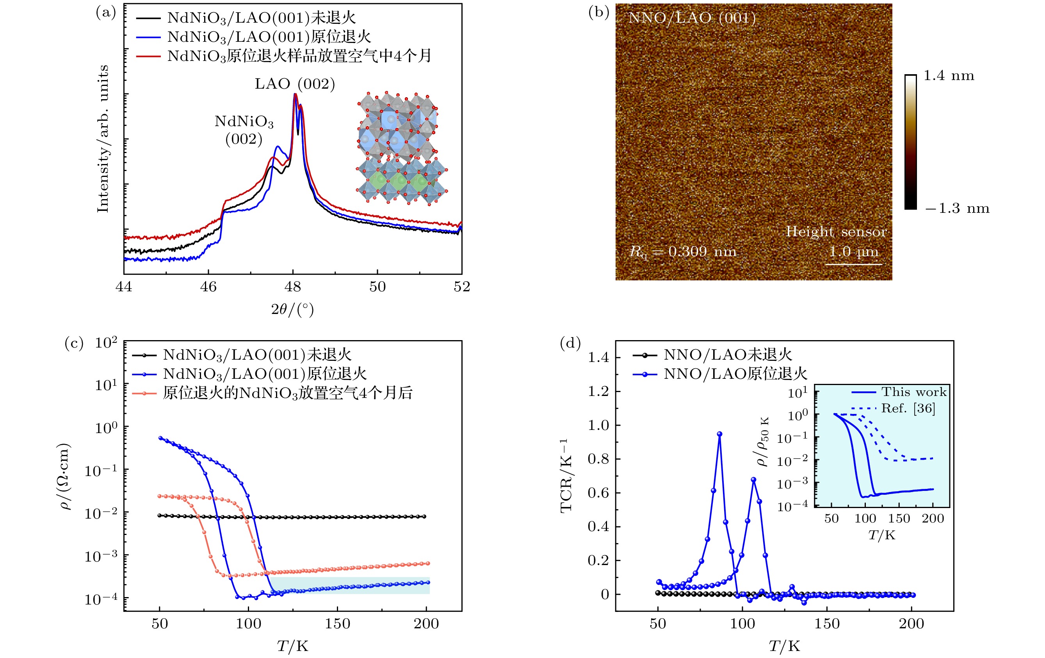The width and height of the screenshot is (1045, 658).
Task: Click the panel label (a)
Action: (x=105, y=12)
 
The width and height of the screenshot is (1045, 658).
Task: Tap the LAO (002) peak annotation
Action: (x=295, y=84)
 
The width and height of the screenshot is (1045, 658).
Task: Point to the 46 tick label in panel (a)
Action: (x=208, y=287)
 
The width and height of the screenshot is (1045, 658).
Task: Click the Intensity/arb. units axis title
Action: (x=103, y=139)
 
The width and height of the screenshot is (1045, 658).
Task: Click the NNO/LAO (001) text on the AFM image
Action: (x=692, y=18)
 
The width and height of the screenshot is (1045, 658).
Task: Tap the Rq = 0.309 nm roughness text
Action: (x=683, y=252)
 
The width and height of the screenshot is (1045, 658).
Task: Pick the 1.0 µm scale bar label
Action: (x=853, y=252)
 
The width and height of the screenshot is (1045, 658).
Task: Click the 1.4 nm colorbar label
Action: (x=948, y=76)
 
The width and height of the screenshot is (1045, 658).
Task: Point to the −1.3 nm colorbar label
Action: (x=957, y=209)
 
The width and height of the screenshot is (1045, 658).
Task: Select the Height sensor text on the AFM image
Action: (x=836, y=232)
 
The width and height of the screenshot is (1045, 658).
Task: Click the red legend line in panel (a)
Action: (x=148, y=56)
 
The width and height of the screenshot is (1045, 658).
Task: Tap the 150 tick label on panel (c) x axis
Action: (x=337, y=624)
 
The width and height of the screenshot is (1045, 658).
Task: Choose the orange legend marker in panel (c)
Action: (x=144, y=393)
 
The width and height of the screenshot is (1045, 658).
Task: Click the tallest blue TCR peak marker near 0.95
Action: (x=719, y=434)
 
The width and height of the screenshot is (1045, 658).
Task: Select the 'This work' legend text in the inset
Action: (x=913, y=392)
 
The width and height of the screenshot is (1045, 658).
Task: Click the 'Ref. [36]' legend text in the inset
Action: (x=908, y=408)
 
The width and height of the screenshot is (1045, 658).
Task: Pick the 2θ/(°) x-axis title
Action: (x=292, y=309)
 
